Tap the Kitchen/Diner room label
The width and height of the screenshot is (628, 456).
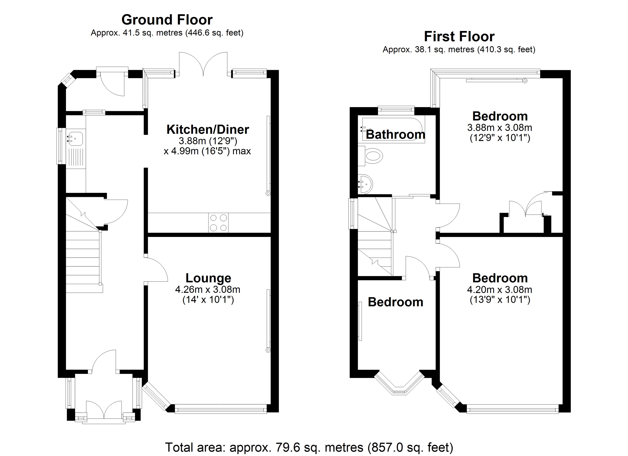(208, 129)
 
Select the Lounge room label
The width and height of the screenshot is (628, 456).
(208, 278)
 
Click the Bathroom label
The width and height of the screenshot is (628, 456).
(395, 135)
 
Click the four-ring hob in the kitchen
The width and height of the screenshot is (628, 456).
(218, 223)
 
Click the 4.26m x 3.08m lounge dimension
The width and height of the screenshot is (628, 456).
(208, 290)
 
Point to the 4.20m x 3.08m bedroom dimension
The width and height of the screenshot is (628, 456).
(500, 290)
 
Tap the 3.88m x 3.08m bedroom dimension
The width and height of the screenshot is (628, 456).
(500, 127)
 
